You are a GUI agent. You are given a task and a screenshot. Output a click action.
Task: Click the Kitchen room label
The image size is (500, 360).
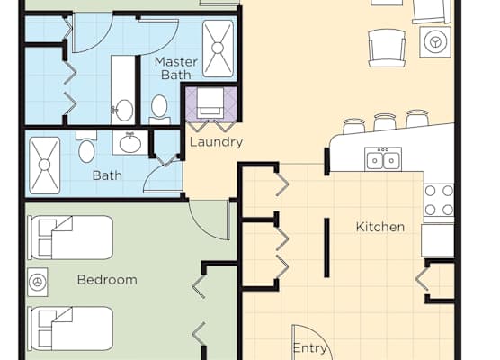(380, 227)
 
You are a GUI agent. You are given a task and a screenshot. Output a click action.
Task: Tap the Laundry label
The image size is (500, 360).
(216, 142)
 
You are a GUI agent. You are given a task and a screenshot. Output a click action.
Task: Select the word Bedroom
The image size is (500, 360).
(107, 280)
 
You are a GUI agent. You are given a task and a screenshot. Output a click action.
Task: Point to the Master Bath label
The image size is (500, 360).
(176, 68)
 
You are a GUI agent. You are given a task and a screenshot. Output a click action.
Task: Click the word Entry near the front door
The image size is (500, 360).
(309, 348)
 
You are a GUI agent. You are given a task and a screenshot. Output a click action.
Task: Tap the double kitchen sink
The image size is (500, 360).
(383, 159)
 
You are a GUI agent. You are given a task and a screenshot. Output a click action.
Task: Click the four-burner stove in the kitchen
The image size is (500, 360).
(439, 200)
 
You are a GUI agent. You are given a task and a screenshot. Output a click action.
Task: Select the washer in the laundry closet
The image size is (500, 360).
(210, 103)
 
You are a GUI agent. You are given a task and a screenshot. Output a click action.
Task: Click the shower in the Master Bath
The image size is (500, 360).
(218, 49)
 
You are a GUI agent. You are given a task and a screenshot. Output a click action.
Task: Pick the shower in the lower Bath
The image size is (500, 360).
(45, 165)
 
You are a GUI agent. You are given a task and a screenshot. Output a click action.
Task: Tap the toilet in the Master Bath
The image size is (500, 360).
(159, 109)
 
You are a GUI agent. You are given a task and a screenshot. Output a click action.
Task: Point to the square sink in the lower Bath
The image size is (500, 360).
(130, 143)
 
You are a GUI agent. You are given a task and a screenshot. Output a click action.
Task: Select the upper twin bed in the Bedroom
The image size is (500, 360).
(71, 238)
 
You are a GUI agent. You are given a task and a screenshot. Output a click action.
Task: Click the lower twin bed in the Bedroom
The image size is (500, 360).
(71, 328)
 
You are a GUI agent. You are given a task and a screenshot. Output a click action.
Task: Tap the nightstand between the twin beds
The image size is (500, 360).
(38, 282)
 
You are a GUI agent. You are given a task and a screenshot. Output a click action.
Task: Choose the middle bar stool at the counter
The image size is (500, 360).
(385, 121)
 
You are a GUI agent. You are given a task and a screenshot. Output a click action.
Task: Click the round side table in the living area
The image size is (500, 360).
(435, 41)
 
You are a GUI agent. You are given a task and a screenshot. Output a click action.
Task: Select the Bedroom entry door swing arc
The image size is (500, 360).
(204, 229)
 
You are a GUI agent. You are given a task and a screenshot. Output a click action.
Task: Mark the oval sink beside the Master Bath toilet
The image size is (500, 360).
(124, 110)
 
